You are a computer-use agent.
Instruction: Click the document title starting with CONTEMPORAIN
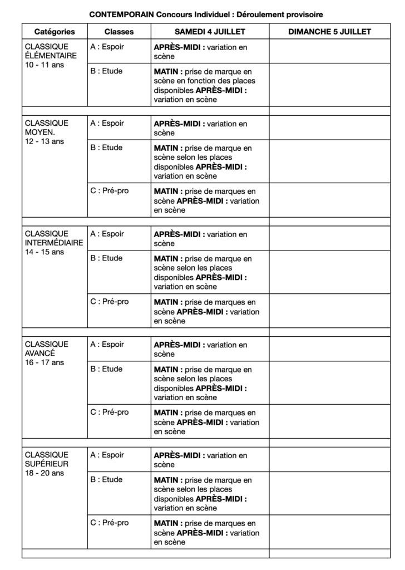[x=206, y=14]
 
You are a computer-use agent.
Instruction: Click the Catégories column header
[x=55, y=32]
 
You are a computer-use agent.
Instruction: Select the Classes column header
[x=119, y=32]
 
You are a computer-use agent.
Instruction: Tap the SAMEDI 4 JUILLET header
[x=210, y=32]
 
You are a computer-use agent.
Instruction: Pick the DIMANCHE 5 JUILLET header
[x=329, y=32]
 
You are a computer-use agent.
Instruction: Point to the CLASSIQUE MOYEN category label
[x=47, y=127]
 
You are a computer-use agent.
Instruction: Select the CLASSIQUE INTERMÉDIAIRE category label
[x=54, y=238]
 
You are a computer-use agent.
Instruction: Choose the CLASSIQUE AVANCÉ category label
[x=47, y=348]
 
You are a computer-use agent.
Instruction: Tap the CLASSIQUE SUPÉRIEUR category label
[x=47, y=459]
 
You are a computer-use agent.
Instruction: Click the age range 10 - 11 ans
[x=45, y=65]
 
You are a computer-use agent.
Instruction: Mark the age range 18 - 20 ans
[x=45, y=473]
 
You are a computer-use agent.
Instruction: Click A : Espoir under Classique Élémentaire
[x=107, y=47]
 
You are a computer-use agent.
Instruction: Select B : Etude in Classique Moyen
[x=106, y=148]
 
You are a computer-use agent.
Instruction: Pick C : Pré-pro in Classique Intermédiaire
[x=109, y=302]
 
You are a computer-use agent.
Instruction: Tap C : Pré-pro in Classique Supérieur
[x=109, y=523]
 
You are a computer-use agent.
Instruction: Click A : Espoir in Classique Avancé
[x=107, y=345]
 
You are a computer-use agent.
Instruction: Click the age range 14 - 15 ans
[x=45, y=252]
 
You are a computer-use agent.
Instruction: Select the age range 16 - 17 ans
[x=45, y=362]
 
